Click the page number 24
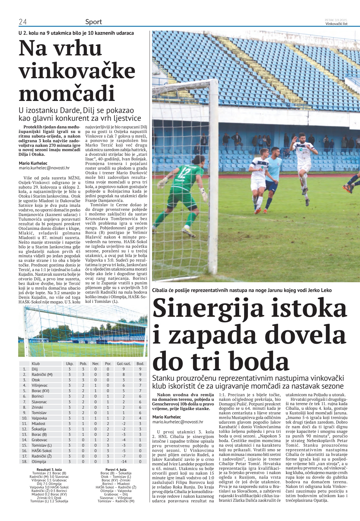click(x=23, y=22)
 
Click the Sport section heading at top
click(x=93, y=22)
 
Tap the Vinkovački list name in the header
click(x=336, y=24)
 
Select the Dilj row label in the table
click(x=35, y=369)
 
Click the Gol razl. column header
click(x=124, y=364)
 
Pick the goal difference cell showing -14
click(x=124, y=462)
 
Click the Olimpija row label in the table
click(x=39, y=462)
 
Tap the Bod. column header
click(x=140, y=364)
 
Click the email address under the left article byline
click(x=44, y=168)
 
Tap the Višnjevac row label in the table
click(x=40, y=385)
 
